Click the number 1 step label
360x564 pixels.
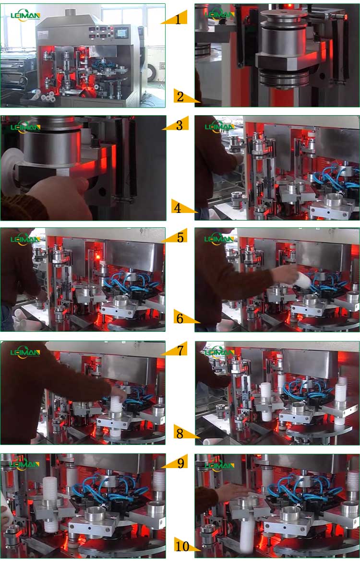pos(178,19)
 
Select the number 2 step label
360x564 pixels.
pos(180,97)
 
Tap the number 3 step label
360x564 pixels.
pos(179,126)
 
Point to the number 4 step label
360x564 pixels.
pos(178,209)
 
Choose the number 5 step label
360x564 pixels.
pos(180,237)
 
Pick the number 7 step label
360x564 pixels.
pos(180,350)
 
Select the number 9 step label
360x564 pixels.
pos(180,463)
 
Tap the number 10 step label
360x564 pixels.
pos(183,546)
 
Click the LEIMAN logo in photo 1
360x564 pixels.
pos(25,15)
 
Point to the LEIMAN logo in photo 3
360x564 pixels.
pos(25,127)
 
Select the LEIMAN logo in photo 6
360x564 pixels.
pos(219,239)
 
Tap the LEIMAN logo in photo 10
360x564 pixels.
pos(219,465)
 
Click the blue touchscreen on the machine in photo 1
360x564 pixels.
pos(122,33)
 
